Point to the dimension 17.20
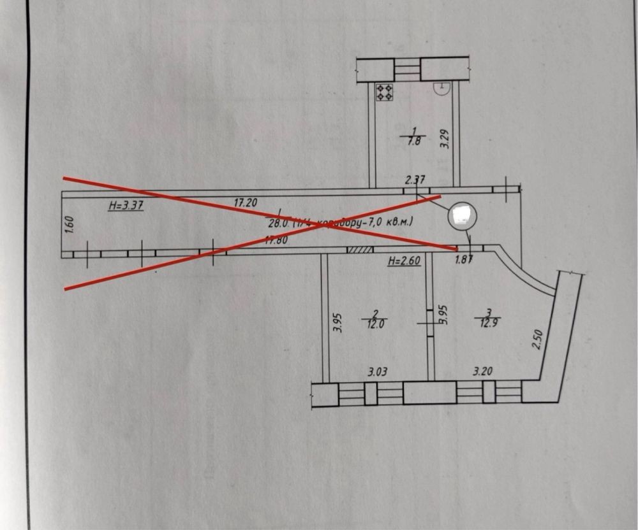tap(246, 203)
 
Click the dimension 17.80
tap(278, 240)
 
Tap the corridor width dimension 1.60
tap(71, 225)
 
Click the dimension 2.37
tap(415, 180)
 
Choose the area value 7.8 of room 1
tap(413, 142)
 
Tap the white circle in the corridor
tap(461, 216)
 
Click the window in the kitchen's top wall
tap(406, 69)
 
